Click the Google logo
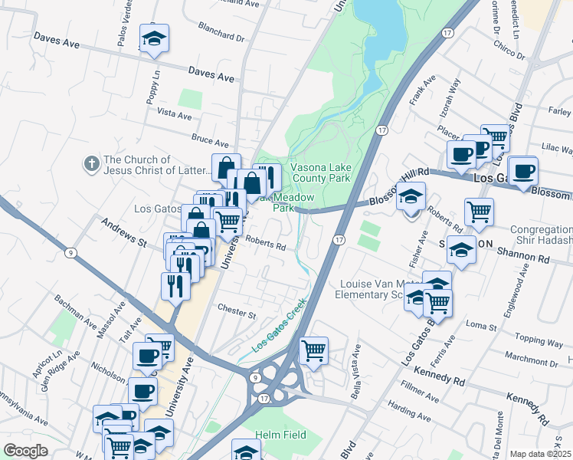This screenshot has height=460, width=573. coord(25,451)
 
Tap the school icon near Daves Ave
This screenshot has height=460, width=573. coord(154,41)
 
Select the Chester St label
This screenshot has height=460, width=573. coord(236,313)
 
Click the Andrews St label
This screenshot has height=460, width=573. coord(123,232)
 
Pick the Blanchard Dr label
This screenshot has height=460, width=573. coord(220,36)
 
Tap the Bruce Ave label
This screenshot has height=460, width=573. coord(210,141)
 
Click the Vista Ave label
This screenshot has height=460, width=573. coord(174,113)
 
